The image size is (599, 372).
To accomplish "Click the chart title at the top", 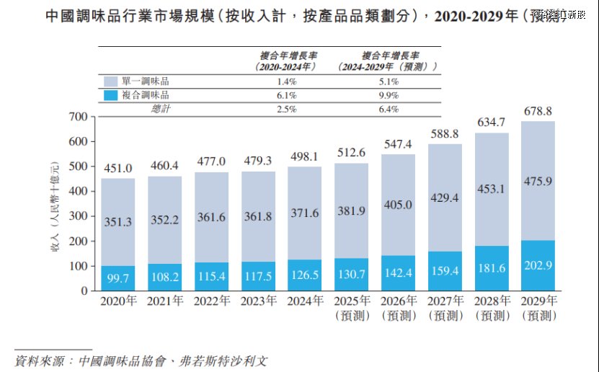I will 288,16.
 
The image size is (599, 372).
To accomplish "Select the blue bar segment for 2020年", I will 118,278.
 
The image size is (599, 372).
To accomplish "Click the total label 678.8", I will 538,112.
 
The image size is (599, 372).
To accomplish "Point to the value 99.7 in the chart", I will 118,278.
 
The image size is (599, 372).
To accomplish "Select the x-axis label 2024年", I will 305,301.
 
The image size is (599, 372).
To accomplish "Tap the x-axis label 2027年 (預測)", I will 445,308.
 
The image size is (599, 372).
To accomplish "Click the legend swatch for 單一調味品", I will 110,82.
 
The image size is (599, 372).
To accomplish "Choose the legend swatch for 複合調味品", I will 110,95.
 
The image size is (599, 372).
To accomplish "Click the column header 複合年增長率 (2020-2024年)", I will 287,61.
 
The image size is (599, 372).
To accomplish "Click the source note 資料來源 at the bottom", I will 141,358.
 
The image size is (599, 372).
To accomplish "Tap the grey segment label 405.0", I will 398,205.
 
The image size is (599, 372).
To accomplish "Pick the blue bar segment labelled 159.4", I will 445,271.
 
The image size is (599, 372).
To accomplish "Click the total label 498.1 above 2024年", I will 305,156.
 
